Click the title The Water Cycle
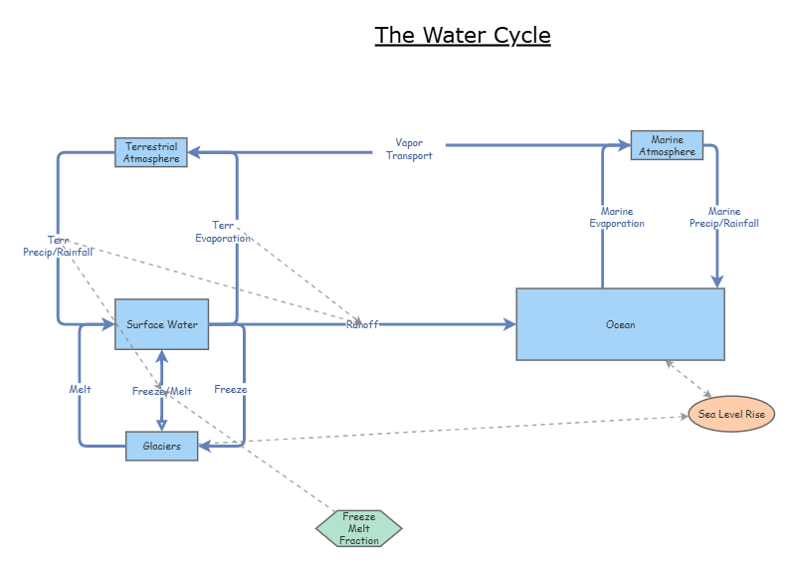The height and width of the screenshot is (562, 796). pos(463,36)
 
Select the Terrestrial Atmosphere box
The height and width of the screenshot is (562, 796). pos(151,152)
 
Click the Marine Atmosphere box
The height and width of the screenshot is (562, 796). pos(667,145)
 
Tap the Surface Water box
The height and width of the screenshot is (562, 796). pos(162,324)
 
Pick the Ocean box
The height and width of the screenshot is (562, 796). pos(620,324)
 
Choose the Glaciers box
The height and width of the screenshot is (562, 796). pos(161,446)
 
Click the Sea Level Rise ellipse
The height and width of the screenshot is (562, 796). pos(731,414)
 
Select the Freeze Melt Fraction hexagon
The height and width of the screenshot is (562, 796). pos(359,528)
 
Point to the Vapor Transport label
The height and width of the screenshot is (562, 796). pos(409,149)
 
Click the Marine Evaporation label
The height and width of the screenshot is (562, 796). pos(616,217)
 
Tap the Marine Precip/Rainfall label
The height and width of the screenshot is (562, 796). pos(724,217)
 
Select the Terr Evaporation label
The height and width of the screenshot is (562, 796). pos(223,231)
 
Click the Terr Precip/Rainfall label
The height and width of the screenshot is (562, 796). pos(59,246)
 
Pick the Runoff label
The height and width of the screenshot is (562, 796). pos(362,324)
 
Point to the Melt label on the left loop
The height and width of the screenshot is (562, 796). pos(81,389)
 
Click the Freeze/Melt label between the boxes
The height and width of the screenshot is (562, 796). pos(161,391)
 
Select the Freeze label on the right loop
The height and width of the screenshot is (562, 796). pos(230,389)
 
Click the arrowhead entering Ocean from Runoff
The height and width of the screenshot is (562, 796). pos(509,324)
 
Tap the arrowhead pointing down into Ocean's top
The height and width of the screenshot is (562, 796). pos(716,281)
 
